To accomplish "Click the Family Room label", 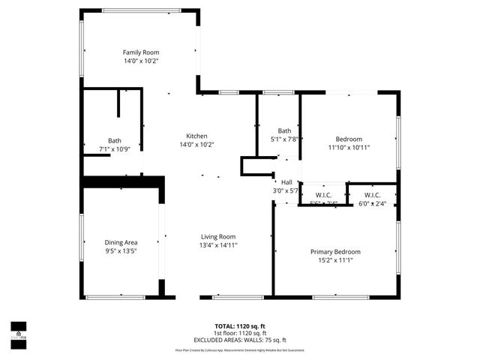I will (141, 52).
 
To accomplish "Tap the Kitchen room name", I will (196, 136).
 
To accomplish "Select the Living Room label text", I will (217, 237).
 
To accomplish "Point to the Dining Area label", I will (121, 242).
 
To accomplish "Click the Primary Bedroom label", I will (335, 252).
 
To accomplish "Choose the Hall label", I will (286, 182).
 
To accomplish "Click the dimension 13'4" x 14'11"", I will (217, 245).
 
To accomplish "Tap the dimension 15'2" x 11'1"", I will (335, 260).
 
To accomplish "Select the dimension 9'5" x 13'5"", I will (121, 250).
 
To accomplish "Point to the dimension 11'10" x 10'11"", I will (349, 148).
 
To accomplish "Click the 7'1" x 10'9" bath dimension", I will (115, 148).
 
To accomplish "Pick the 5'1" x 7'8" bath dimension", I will (284, 139).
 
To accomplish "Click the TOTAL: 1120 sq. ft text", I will (240, 326).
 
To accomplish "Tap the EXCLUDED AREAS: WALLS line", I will (240, 340).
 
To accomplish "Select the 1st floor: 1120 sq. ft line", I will (240, 333).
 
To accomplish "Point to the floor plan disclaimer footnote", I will (240, 349).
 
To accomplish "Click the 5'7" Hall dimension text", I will (286, 190).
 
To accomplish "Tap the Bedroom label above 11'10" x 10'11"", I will (349, 139).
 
